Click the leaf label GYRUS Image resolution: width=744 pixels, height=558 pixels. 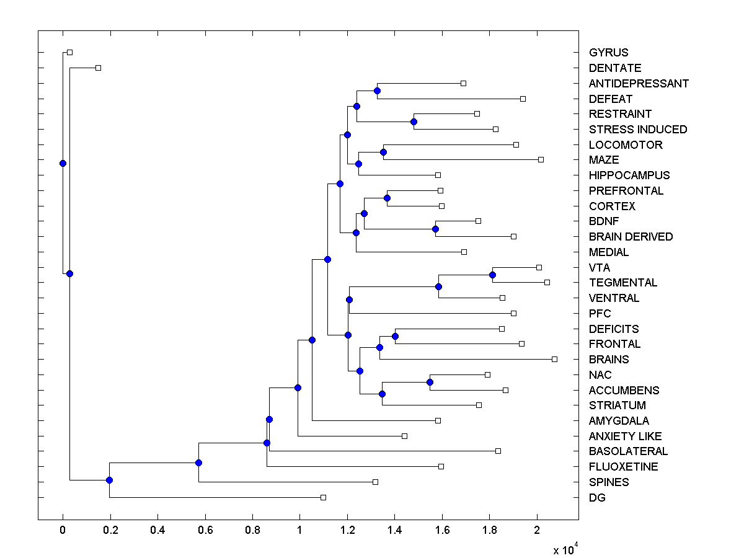608,53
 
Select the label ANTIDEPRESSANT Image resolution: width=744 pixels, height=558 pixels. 639,84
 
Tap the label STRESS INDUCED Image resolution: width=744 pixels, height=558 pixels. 638,130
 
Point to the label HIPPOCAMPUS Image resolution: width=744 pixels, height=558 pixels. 629,175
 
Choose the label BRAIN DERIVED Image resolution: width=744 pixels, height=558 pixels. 631,237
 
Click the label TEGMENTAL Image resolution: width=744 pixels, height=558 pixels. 623,283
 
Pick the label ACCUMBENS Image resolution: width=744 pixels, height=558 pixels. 624,391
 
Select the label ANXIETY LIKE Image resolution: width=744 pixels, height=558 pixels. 625,436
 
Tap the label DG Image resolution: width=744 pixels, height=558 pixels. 597,498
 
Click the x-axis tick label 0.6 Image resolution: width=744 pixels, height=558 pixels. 205,531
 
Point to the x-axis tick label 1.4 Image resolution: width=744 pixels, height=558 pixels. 395,531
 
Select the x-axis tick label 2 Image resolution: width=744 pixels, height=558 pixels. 538,531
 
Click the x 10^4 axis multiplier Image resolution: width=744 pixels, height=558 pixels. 565,549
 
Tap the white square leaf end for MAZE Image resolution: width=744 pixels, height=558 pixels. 541,160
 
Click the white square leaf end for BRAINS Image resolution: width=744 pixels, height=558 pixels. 554,359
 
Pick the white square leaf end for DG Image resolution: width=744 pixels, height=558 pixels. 323,497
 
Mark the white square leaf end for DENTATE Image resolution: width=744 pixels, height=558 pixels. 98,68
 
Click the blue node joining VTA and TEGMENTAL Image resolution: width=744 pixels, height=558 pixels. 492,275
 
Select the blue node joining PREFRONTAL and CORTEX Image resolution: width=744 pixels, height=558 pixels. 387,198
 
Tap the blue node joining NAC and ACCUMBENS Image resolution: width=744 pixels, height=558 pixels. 430,382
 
